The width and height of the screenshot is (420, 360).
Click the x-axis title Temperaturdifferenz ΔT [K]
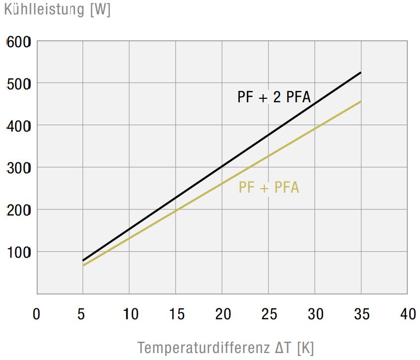[225, 347]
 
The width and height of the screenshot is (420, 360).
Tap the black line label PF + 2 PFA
[274, 96]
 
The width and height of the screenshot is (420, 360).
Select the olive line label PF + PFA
[269, 188]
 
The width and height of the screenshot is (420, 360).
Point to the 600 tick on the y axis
[19, 42]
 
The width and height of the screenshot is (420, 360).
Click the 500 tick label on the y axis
[19, 84]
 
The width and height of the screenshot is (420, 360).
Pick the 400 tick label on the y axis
[19, 126]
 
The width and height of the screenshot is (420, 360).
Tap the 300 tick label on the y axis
[19, 168]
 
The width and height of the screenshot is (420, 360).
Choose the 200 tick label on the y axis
[19, 210]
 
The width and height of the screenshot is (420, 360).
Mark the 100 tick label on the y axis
[19, 252]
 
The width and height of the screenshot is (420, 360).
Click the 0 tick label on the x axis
[36, 314]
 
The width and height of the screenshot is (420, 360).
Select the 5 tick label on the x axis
[83, 314]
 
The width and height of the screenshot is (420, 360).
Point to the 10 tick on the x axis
[130, 314]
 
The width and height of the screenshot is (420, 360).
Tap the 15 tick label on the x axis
[176, 314]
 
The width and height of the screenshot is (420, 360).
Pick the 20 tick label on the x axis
[222, 314]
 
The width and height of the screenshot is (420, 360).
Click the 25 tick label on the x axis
[269, 314]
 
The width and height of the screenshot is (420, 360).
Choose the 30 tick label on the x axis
[316, 314]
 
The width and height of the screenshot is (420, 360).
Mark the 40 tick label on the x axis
[408, 314]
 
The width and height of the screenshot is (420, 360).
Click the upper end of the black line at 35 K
[360, 73]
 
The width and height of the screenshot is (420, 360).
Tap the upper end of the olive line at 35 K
[360, 102]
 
